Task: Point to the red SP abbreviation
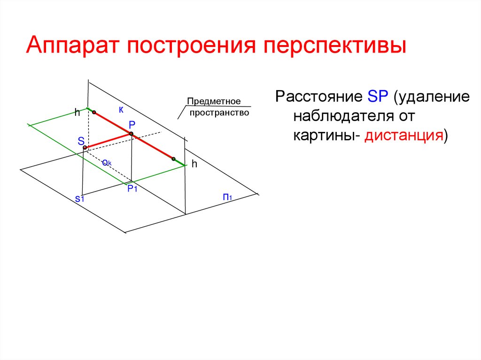(377, 97)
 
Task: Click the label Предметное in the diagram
(214, 101)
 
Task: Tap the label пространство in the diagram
(219, 113)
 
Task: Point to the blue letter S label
(81, 141)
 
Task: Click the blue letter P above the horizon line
(132, 125)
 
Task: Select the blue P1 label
(132, 189)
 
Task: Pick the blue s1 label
(79, 199)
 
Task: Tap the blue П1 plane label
(228, 197)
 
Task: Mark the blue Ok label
(106, 162)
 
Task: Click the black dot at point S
(85, 148)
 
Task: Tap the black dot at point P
(132, 134)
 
